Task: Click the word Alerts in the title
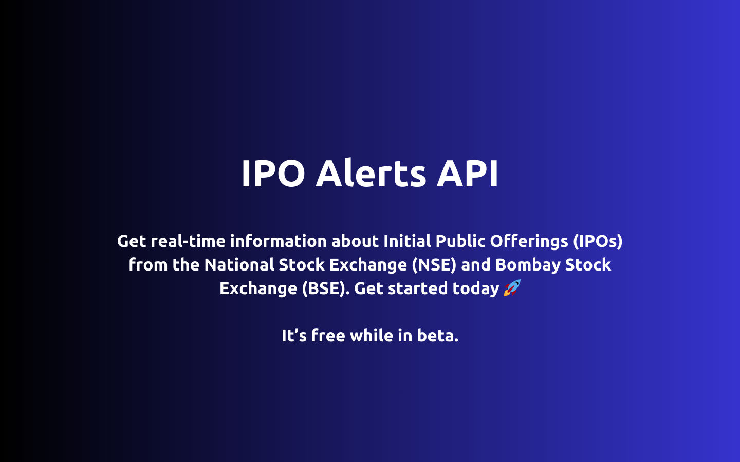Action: pos(371,173)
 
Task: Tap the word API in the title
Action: pos(467,173)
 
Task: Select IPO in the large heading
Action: pos(273,173)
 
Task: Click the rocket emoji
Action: pos(512,288)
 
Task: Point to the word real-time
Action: pos(188,241)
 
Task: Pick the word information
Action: pos(278,241)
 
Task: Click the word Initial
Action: pos(407,241)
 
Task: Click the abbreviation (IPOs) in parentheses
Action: pos(598,241)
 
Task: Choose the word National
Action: pos(239,264)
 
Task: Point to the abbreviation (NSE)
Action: pos(434,264)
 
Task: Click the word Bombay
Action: pos(528,264)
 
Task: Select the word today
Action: pos(476,288)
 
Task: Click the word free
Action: pos(328,335)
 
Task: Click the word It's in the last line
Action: pos(294,335)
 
